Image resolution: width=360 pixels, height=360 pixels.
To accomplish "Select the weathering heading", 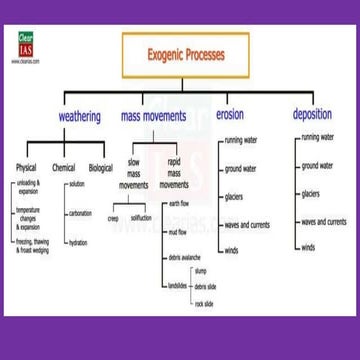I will [x=80, y=117].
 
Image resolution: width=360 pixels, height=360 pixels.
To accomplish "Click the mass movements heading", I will [x=153, y=117].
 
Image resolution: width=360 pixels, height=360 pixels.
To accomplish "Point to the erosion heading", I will [x=230, y=115].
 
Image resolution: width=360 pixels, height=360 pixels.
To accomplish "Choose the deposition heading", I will [x=312, y=115].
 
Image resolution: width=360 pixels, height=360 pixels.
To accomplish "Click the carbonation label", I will [x=81, y=213].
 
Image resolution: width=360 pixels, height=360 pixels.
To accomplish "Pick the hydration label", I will [x=78, y=243].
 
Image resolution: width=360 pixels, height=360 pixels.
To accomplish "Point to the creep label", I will [x=114, y=217].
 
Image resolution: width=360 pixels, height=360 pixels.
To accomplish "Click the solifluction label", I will [x=141, y=217].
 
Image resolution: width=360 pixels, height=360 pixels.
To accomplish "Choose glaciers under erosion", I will [x=234, y=197].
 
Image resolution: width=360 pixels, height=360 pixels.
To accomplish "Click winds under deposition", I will [x=308, y=247].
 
